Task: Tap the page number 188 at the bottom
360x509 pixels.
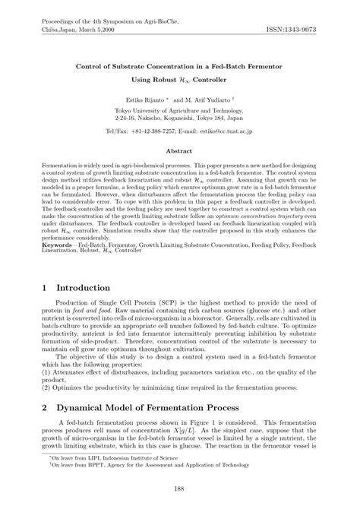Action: (x=180, y=489)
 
